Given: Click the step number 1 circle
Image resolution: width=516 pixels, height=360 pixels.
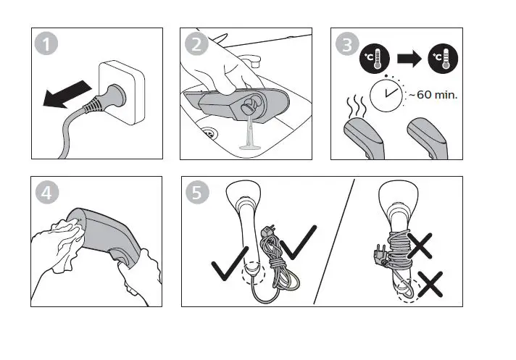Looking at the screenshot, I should click(47, 44).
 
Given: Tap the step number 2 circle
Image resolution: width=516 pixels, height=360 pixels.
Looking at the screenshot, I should click(196, 44).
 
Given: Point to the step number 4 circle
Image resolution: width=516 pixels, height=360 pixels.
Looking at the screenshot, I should click(47, 193).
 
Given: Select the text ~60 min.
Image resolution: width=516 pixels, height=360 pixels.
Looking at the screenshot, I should click(434, 94).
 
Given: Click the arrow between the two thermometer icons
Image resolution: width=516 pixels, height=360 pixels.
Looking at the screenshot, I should click(410, 61).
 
